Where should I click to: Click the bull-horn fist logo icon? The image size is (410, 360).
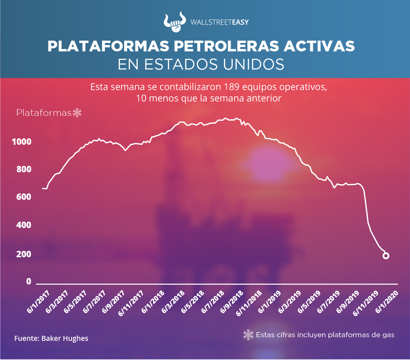coord(175,22)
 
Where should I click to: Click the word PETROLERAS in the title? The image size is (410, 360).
coord(226,46)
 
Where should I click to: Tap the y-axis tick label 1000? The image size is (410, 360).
coord(21,142)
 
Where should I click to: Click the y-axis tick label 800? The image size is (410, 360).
coord(24,169)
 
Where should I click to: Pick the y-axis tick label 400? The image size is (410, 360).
coord(24,225)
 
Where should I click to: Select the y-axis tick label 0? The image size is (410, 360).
coord(29,281)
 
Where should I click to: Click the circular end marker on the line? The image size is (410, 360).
coord(386,256)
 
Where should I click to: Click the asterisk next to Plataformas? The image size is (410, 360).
coord(77,113)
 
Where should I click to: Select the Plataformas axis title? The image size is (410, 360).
coord(44,113)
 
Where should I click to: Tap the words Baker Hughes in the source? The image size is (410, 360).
coord(65,338)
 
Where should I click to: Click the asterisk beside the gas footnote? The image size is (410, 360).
coord(248,335)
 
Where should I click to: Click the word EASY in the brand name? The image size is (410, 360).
coord(240,22)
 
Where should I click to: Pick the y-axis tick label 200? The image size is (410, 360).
coord(24,254)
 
